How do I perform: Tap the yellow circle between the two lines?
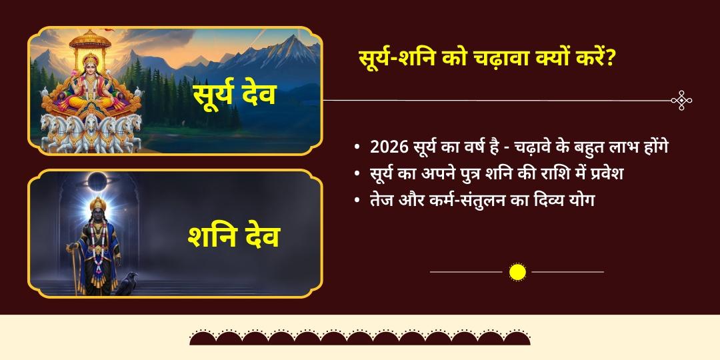tap(517, 272)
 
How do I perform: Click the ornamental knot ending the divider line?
tap(681, 101)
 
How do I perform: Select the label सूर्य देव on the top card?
tap(234, 94)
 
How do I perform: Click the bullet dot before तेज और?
tap(358, 200)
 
